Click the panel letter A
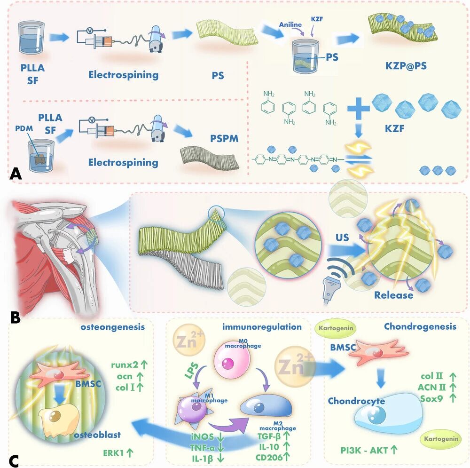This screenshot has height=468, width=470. (16, 175)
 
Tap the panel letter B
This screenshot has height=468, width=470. (15, 318)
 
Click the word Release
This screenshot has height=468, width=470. (394, 295)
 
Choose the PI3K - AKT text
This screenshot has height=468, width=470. (368, 450)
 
